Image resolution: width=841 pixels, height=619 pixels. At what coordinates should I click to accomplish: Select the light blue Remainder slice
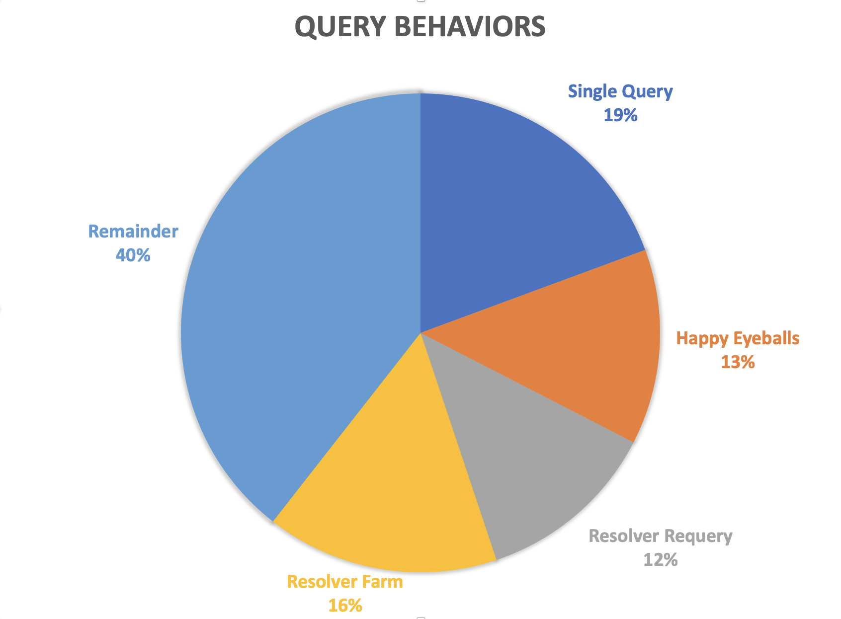[298, 298]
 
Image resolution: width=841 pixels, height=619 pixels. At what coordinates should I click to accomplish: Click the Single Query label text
[620, 91]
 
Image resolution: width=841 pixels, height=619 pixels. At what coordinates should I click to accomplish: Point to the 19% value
[620, 115]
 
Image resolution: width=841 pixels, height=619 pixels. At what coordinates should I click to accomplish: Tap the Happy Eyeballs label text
[738, 338]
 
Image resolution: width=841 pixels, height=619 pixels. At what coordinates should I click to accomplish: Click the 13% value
[738, 362]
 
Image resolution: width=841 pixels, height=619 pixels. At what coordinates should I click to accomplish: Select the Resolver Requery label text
[660, 536]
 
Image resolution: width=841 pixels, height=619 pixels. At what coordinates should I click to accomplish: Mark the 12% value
[660, 560]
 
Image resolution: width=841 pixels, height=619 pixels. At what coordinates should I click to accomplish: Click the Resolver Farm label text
[345, 582]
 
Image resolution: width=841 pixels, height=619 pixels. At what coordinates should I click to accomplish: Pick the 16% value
[345, 606]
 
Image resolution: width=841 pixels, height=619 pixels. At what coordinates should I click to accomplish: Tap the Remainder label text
[133, 232]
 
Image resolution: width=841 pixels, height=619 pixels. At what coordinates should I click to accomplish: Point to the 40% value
[133, 255]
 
